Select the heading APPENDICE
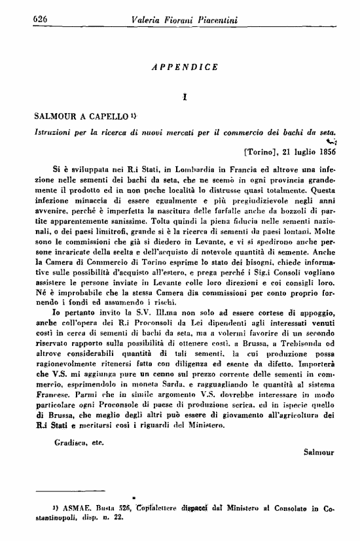coord(185,67)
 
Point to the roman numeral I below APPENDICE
coord(185,97)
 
